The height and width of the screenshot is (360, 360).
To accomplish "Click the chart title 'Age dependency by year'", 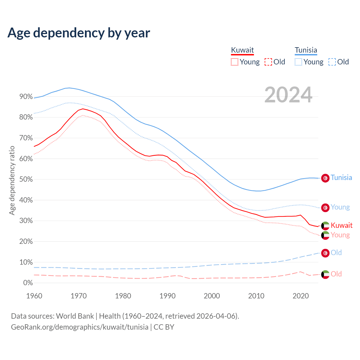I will [79, 33].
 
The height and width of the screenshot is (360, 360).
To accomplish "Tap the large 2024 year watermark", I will [288, 95].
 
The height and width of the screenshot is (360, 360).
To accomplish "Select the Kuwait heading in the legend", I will [242, 50].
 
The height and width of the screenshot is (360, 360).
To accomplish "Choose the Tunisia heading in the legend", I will [306, 50].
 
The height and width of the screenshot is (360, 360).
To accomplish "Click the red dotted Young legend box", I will [235, 62].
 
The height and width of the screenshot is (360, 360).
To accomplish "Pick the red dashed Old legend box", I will [268, 62].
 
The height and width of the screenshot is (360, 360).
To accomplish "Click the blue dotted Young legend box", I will [298, 62].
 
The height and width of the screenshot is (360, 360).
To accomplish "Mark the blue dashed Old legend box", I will [332, 62].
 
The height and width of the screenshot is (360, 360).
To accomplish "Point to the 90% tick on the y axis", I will [26, 97].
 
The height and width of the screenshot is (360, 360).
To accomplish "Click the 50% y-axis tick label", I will [26, 179].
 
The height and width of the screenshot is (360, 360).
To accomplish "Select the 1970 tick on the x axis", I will [79, 296].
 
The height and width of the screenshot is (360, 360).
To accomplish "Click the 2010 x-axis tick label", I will [256, 296].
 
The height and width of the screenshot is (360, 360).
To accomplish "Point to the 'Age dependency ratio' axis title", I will [12, 180].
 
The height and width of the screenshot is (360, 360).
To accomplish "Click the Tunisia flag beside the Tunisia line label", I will [325, 178].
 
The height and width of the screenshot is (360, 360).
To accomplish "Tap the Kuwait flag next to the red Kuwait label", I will [325, 226].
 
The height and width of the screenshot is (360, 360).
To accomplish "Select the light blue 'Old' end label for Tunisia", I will [336, 253].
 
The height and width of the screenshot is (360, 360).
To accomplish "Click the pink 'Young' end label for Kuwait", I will [340, 235].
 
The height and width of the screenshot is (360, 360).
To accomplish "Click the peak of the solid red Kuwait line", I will [83, 109].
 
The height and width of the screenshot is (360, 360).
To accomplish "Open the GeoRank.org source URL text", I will [80, 327].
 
